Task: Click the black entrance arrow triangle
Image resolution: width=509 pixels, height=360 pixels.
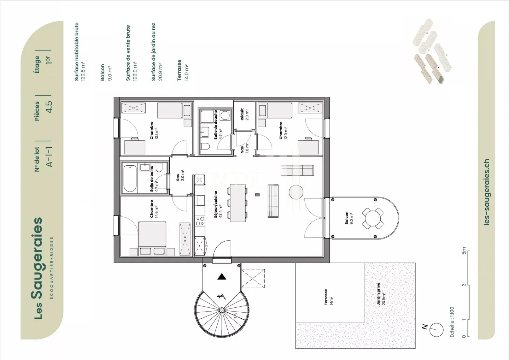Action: click(x=222, y=277)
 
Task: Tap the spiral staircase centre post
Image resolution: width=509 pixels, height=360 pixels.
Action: click(x=222, y=310)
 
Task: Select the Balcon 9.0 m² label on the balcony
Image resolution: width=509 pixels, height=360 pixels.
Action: click(x=349, y=218)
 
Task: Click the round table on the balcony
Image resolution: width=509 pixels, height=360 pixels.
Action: click(x=373, y=218)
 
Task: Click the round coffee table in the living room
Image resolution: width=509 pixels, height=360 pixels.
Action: click(x=296, y=192)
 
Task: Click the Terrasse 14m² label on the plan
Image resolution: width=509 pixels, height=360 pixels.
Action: click(x=328, y=297)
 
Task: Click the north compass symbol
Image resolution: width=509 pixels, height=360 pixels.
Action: click(x=437, y=329)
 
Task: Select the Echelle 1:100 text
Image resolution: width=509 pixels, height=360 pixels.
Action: click(x=452, y=322)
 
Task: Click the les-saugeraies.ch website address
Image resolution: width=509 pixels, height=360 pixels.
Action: click(x=487, y=192)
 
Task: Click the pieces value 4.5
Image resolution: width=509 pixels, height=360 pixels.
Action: click(x=49, y=106)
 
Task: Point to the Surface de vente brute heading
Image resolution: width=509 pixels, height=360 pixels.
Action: click(x=128, y=53)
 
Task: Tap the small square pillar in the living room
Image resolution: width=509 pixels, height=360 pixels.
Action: click(x=257, y=194)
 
